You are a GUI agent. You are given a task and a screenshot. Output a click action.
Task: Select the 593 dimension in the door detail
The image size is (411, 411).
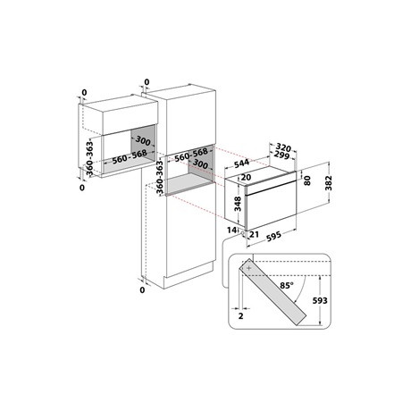(x=319, y=301)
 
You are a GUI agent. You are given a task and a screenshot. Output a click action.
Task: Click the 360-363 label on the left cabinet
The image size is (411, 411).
(x=90, y=158)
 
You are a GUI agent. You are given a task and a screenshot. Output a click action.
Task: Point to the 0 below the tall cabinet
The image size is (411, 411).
(x=143, y=290)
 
